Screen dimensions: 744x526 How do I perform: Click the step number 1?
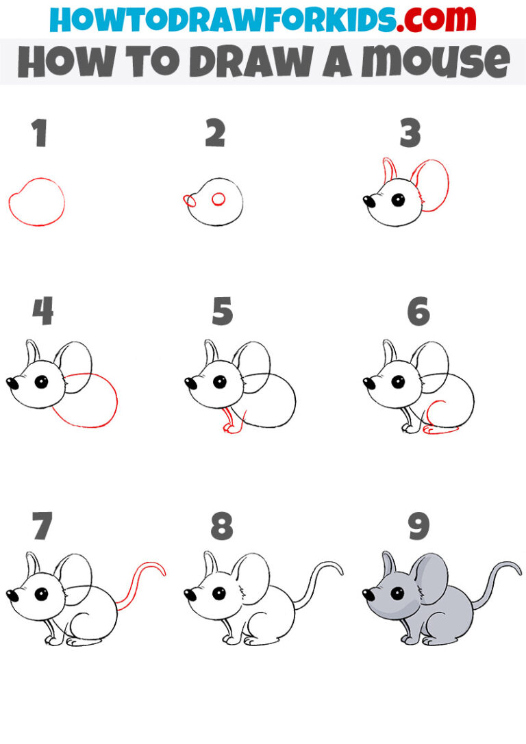(40, 134)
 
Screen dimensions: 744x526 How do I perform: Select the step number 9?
(418, 526)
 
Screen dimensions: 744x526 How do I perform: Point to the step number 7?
(41, 526)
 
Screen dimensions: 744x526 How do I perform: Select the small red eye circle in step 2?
(218, 199)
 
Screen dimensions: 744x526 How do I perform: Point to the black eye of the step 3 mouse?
(397, 200)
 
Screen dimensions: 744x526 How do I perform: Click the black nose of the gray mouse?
(368, 595)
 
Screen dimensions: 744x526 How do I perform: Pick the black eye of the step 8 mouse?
(220, 593)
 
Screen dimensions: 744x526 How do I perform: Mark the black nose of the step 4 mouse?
(12, 383)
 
